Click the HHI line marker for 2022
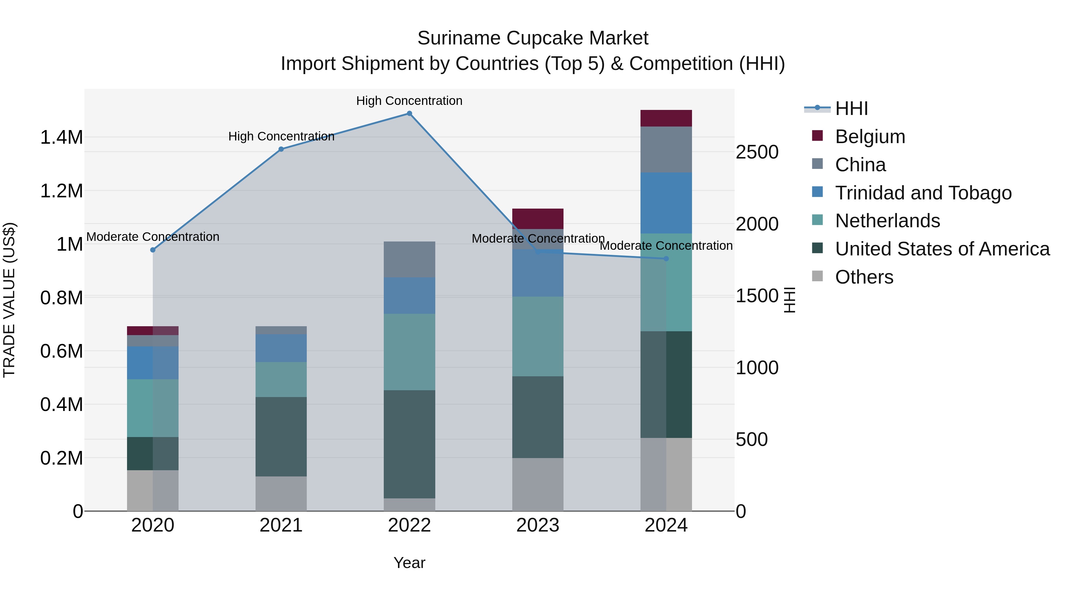409,113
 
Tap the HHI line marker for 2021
281,149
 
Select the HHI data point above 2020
153,250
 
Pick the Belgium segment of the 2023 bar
537,219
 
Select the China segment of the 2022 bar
409,259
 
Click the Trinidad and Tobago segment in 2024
666,203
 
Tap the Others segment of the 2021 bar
281,494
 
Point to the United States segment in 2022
409,444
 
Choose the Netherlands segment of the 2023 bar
537,336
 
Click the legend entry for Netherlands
887,221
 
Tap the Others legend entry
864,277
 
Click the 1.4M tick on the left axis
61,137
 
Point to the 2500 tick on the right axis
757,152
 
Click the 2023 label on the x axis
537,525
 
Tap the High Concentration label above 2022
409,101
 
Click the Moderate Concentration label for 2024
666,246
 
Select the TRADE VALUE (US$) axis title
9,300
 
